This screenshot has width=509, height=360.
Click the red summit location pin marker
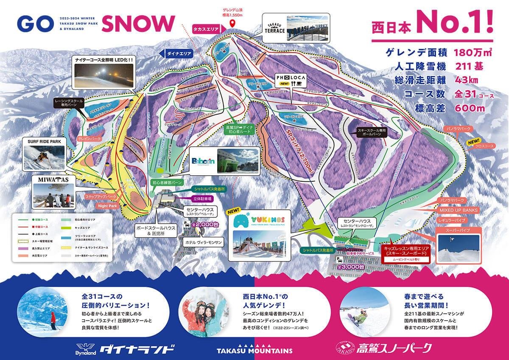(232, 22)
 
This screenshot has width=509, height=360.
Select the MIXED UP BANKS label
(458, 210)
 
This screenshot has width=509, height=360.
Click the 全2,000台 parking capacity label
(201, 224)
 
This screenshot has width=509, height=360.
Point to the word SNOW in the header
(138, 24)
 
